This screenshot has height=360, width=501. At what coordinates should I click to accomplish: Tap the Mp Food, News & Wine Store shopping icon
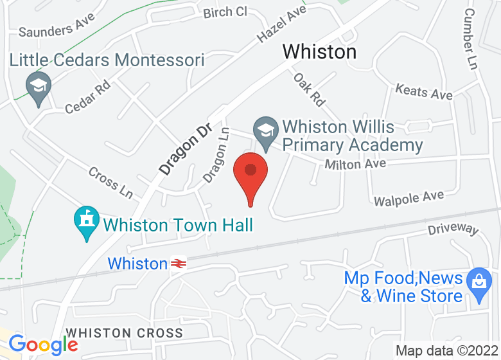point(478,285)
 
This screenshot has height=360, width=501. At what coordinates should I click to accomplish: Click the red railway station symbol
point(179,264)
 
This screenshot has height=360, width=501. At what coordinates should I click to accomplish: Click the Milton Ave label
point(355,165)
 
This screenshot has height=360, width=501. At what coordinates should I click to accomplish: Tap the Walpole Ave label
point(409,198)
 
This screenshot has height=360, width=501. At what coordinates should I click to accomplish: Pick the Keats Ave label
point(424,92)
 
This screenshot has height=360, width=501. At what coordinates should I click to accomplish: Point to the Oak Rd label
point(310,89)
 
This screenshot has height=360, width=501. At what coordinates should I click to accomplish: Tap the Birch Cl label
point(225,12)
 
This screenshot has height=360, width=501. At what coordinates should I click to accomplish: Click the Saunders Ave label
point(57,27)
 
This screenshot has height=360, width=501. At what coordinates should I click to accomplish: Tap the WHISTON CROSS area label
point(125,333)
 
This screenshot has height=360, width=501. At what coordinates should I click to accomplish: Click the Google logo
point(43,345)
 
